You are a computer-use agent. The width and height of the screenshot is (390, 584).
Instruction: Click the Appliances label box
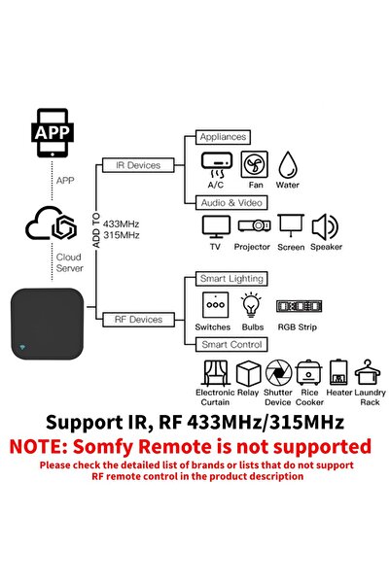click(x=223, y=137)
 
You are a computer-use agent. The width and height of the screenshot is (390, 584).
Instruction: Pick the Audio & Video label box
click(x=232, y=201)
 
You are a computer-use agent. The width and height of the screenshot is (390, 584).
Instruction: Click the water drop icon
click(x=289, y=164)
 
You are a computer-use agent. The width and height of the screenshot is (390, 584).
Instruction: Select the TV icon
click(x=214, y=227)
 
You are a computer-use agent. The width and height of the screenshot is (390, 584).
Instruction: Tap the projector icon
click(x=252, y=227)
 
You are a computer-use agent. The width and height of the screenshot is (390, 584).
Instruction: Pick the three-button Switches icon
click(x=212, y=305)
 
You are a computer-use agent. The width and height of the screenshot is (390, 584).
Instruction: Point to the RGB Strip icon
click(x=296, y=305)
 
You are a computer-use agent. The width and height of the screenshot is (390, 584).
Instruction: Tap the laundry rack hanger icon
click(x=371, y=372)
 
